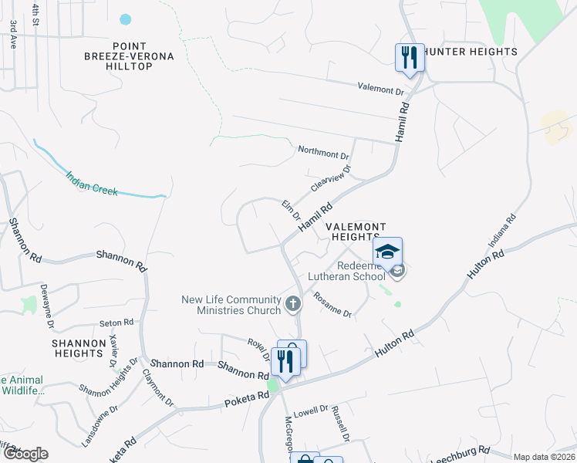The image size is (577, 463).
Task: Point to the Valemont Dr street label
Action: [x=381, y=90]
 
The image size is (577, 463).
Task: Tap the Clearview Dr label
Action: [x=331, y=179]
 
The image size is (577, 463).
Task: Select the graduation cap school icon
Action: [x=388, y=251]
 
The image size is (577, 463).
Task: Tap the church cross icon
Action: [x=292, y=304]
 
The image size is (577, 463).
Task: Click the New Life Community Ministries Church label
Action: [x=231, y=305]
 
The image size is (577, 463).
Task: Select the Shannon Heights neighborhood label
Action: [x=78, y=347]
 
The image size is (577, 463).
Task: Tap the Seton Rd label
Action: [x=116, y=323]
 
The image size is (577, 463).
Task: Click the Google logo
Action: [x=25, y=454]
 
